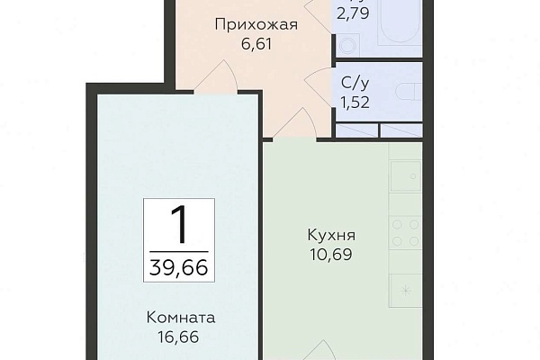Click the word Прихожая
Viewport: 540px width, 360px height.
(256, 25)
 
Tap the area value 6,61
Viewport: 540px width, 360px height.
(256, 44)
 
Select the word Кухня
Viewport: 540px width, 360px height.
(331, 236)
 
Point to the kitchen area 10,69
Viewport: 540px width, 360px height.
(331, 255)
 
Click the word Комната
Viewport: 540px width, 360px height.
(181, 318)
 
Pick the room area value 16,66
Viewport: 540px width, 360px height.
(178, 337)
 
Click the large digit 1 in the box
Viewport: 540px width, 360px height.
(179, 225)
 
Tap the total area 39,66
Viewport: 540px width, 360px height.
(179, 267)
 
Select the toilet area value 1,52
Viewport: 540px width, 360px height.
(355, 103)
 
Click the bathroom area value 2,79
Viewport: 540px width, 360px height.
(354, 13)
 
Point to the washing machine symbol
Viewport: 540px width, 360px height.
(347, 45)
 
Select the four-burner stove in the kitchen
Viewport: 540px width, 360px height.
(406, 233)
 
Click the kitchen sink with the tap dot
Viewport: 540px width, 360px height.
(406, 175)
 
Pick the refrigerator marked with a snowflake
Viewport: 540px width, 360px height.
(406, 291)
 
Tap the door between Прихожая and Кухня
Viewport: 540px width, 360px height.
(295, 124)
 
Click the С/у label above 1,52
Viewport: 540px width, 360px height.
(355, 84)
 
